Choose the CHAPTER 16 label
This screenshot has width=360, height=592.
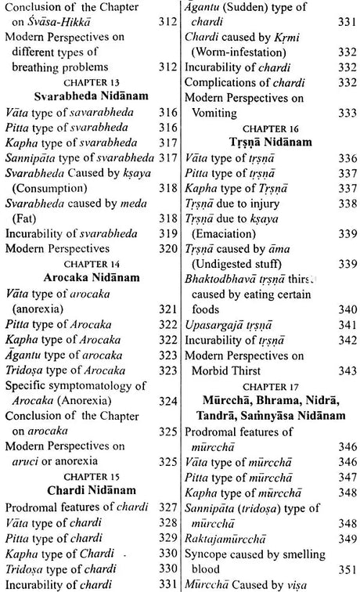(x=270, y=128)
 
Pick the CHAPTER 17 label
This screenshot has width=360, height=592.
(x=270, y=387)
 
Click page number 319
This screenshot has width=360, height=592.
(x=166, y=233)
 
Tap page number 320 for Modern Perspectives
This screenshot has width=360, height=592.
(x=166, y=247)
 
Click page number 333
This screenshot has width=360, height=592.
(x=345, y=113)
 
